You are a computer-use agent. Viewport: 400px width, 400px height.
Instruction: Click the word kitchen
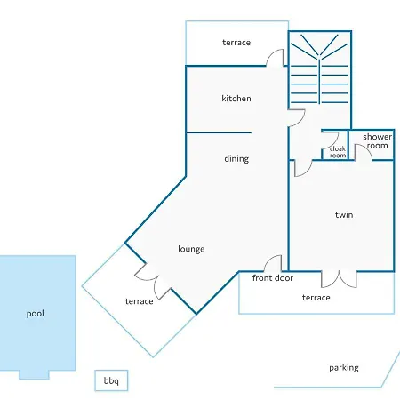[236, 99]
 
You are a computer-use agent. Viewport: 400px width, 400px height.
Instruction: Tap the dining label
[236, 159]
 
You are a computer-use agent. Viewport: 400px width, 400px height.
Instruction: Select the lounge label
[191, 249]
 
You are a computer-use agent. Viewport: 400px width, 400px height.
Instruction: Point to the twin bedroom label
[344, 215]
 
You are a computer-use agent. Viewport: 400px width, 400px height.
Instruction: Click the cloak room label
[338, 152]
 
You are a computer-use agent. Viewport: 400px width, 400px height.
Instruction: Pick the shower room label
[377, 141]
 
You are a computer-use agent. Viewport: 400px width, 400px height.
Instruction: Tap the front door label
[273, 278]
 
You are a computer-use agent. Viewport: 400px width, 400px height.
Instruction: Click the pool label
[36, 314]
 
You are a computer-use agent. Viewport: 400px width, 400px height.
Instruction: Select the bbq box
[111, 380]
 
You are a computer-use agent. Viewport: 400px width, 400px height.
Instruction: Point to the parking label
[344, 368]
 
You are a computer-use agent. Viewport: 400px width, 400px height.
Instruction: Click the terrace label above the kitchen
[236, 43]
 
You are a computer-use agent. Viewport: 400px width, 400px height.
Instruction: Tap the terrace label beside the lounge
[140, 301]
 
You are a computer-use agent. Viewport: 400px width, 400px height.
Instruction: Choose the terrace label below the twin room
[316, 298]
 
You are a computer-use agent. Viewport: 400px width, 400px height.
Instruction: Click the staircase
[319, 68]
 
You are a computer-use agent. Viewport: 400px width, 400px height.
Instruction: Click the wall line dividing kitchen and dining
[219, 132]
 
